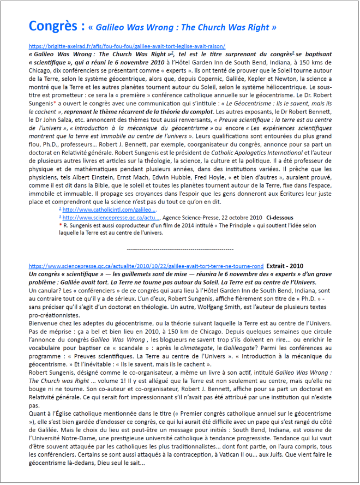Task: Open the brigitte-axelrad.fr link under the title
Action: click(x=127, y=46)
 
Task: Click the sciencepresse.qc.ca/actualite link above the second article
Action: click(x=146, y=266)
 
